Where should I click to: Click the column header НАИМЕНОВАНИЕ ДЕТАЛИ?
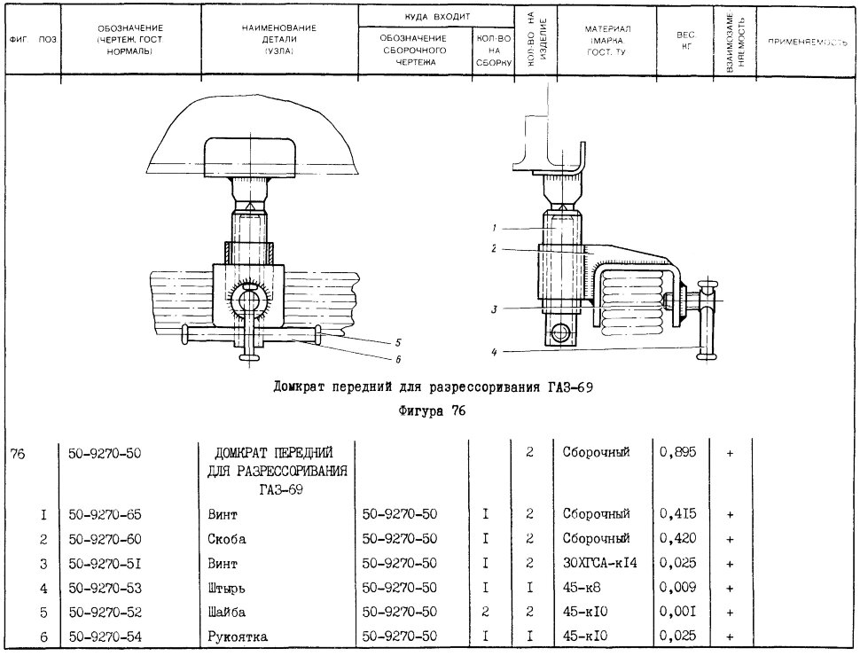pyautogui.click(x=279, y=40)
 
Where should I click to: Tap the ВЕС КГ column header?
pyautogui.click(x=685, y=41)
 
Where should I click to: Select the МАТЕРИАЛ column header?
pyautogui.click(x=606, y=41)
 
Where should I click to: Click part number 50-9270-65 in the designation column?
pyautogui.click(x=105, y=514)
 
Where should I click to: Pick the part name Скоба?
pyautogui.click(x=226, y=539)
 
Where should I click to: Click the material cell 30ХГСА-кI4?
pyautogui.click(x=600, y=563)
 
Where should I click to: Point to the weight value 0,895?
pyautogui.click(x=678, y=452)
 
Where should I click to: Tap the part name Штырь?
pyautogui.click(x=226, y=589)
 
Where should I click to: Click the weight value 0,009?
pyautogui.click(x=678, y=588)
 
